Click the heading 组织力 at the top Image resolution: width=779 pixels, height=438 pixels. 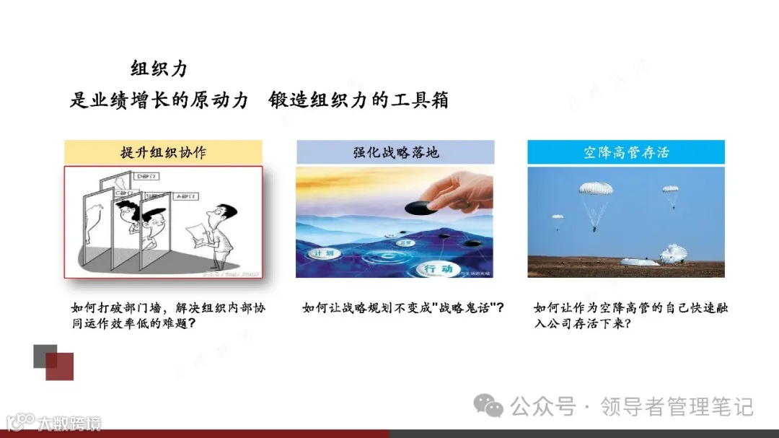point(159,69)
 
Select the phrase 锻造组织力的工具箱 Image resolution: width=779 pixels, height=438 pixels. point(358,100)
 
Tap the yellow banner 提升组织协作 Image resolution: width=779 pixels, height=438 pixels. point(163,152)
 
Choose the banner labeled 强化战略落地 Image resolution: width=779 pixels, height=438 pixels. point(395,152)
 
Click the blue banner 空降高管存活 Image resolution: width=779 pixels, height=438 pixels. point(626,152)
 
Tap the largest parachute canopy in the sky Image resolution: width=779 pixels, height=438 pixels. point(596,189)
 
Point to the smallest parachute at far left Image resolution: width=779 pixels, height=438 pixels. point(557,216)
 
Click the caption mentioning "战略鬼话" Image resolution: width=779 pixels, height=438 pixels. point(402,308)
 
